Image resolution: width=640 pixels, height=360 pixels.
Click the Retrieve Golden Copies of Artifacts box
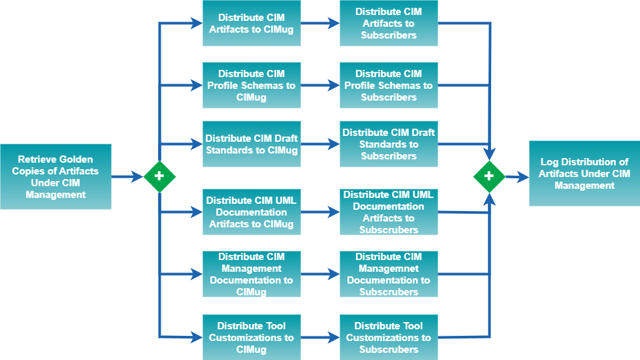point(56,176)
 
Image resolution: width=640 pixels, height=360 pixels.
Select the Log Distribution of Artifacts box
point(584,174)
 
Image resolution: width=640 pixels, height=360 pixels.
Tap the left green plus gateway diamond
point(159,176)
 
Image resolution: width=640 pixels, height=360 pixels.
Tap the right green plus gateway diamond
point(489,176)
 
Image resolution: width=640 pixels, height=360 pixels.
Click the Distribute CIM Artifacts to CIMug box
point(251,24)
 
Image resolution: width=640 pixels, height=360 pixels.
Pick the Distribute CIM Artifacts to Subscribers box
point(389,24)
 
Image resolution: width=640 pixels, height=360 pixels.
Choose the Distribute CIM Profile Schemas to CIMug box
point(251,86)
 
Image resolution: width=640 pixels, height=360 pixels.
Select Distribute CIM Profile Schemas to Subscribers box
point(389,86)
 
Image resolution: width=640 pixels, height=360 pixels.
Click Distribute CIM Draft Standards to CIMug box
point(251,144)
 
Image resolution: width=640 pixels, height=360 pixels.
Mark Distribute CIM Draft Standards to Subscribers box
point(389,144)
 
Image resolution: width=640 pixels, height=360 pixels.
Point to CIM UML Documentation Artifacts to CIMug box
point(251,212)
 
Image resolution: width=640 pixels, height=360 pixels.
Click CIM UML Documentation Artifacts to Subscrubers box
point(389,212)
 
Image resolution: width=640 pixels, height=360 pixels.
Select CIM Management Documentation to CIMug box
point(251,274)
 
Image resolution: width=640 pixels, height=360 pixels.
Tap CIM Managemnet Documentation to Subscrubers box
point(389,274)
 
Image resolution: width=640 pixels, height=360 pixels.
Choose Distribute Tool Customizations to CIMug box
point(251,337)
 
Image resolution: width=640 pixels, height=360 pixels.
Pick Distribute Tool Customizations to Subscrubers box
point(389,337)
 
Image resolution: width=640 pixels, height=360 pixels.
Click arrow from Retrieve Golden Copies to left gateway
point(127,176)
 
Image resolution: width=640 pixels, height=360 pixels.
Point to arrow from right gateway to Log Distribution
point(517,176)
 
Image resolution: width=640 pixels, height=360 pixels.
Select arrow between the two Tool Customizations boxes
point(320,337)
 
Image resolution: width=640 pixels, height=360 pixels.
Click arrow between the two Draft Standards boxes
point(320,144)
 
